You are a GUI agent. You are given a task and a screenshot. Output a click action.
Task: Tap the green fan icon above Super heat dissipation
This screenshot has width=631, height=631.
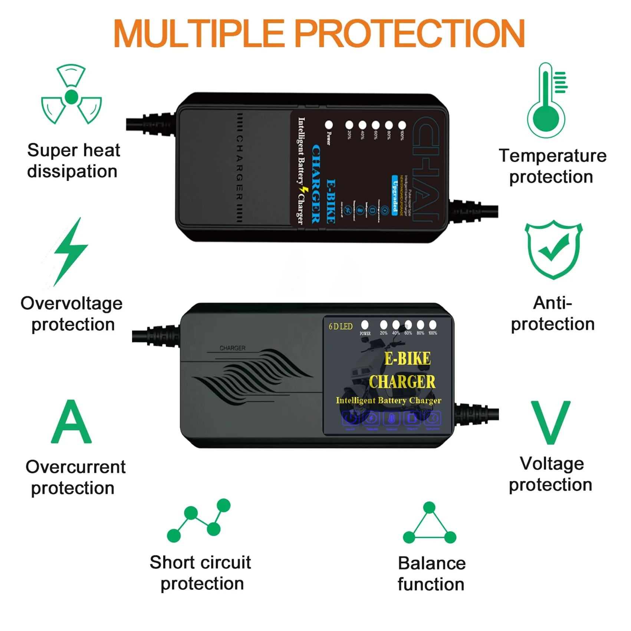tap(71, 95)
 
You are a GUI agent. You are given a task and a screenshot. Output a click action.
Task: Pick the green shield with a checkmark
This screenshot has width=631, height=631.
tap(553, 250)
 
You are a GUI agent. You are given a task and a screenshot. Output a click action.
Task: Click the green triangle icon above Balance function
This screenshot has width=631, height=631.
tap(430, 524)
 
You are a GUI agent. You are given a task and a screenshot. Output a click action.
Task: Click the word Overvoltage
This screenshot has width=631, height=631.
tap(72, 304)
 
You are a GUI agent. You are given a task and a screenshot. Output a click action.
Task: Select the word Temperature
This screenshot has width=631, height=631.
tap(552, 156)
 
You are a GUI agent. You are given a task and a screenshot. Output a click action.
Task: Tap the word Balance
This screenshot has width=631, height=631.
tap(432, 563)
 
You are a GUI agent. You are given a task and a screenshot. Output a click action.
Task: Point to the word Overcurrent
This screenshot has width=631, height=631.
tap(76, 467)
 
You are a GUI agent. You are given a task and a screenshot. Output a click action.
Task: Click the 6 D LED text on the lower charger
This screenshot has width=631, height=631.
tap(341, 327)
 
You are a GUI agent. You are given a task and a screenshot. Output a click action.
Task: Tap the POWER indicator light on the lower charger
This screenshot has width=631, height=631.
tap(365, 325)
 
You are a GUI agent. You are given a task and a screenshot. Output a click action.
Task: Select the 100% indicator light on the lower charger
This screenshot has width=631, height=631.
tap(433, 325)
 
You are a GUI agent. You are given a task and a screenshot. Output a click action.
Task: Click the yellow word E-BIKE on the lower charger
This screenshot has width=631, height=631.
tap(407, 359)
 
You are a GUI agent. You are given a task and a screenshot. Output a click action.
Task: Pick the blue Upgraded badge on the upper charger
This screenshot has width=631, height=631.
tap(395, 195)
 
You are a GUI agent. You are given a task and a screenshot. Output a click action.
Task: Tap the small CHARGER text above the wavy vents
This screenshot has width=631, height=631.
tap(233, 348)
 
